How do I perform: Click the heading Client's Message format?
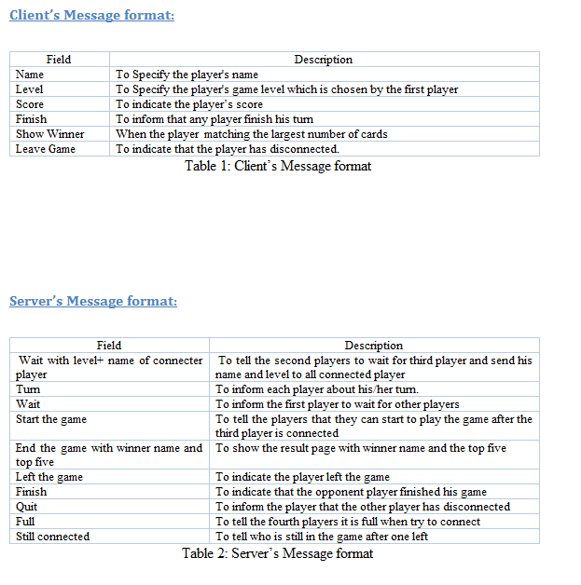(x=91, y=15)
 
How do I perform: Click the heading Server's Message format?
(x=93, y=301)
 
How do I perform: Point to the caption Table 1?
(x=277, y=166)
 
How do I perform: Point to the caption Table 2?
(x=277, y=553)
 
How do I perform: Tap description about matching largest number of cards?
(x=251, y=134)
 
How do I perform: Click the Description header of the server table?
(x=373, y=346)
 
